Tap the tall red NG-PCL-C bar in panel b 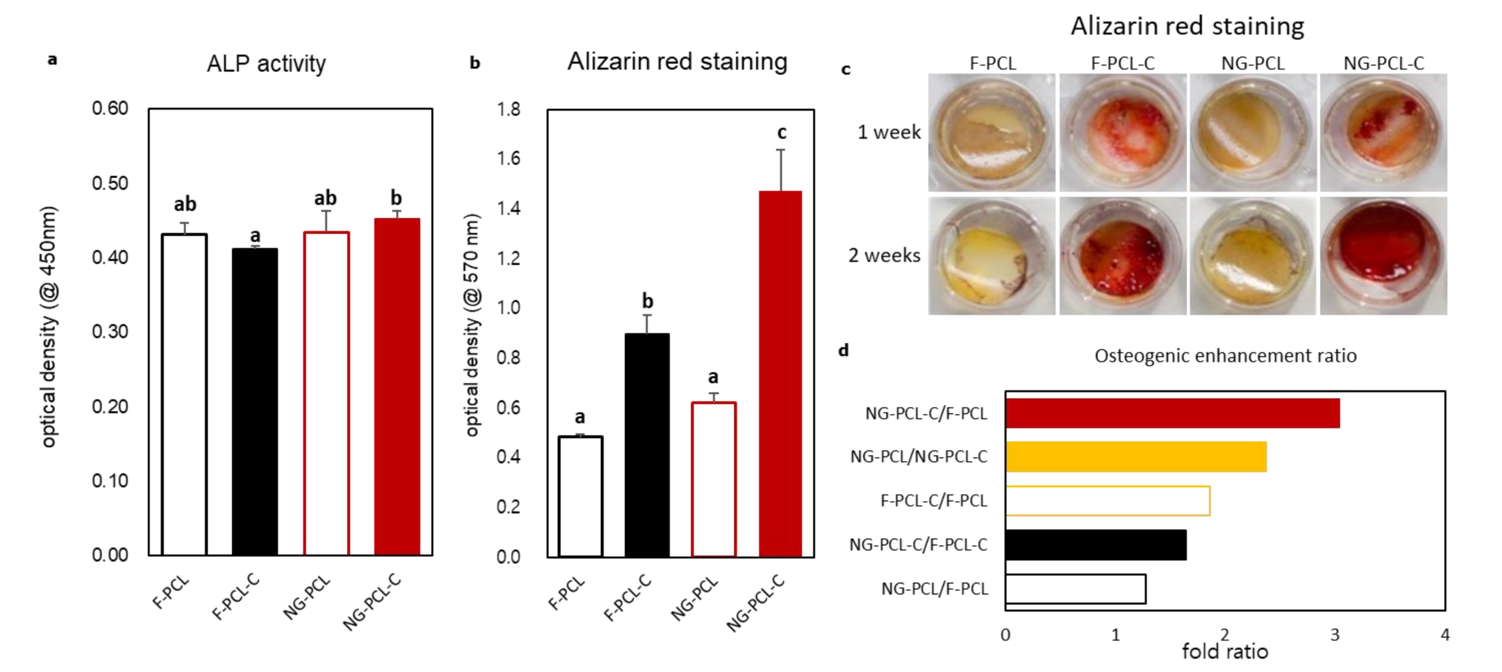(780, 373)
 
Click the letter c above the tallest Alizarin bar (781, 133)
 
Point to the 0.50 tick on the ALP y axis (109, 183)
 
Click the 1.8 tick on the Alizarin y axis (509, 109)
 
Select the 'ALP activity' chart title (266, 63)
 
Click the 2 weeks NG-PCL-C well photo (1383, 256)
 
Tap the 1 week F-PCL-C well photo (1123, 133)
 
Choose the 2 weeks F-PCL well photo (991, 256)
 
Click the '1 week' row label (889, 132)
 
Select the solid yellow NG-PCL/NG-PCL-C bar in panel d (1136, 457)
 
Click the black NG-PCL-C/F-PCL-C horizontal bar (1096, 544)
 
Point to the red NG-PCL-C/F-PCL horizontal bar (1172, 413)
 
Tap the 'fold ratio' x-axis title (1225, 652)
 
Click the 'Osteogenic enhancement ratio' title (1225, 356)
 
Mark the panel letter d (843, 350)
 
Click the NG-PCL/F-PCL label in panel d (934, 588)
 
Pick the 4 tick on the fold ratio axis (1444, 635)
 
